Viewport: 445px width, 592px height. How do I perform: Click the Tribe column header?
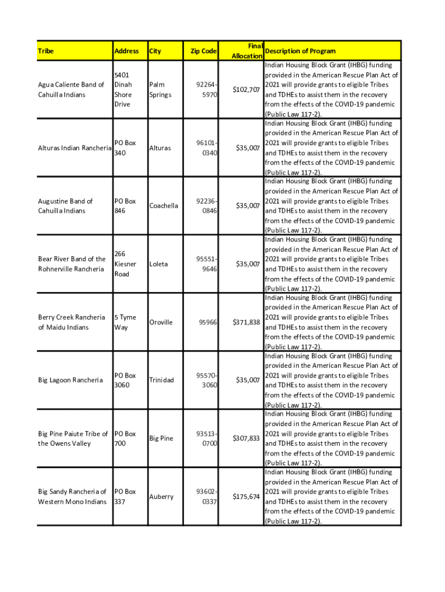click(x=46, y=51)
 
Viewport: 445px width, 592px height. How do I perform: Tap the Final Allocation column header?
click(x=247, y=51)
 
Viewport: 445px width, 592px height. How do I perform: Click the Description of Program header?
click(x=299, y=51)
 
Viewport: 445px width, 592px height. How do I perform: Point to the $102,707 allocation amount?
click(x=246, y=90)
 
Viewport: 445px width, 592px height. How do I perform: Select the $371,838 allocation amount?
click(x=246, y=322)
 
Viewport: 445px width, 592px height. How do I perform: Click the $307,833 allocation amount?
click(x=246, y=438)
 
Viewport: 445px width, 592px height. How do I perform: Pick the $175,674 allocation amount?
click(x=246, y=497)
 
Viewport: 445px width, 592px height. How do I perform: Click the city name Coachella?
click(x=164, y=206)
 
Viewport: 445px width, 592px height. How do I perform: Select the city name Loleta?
click(x=158, y=264)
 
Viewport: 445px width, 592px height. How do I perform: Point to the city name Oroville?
click(x=161, y=322)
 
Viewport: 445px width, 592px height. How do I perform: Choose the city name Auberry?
click(x=161, y=497)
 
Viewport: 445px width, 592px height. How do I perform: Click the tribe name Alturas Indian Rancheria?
click(x=75, y=148)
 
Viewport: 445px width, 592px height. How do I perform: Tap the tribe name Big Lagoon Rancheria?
click(x=71, y=380)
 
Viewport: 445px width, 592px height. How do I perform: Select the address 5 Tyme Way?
click(x=125, y=322)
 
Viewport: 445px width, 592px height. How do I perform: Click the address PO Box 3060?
click(x=125, y=380)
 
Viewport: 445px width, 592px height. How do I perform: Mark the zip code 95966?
click(x=206, y=322)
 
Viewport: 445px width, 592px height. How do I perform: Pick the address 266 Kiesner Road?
click(x=125, y=264)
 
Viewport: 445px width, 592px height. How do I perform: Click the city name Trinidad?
click(x=161, y=380)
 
